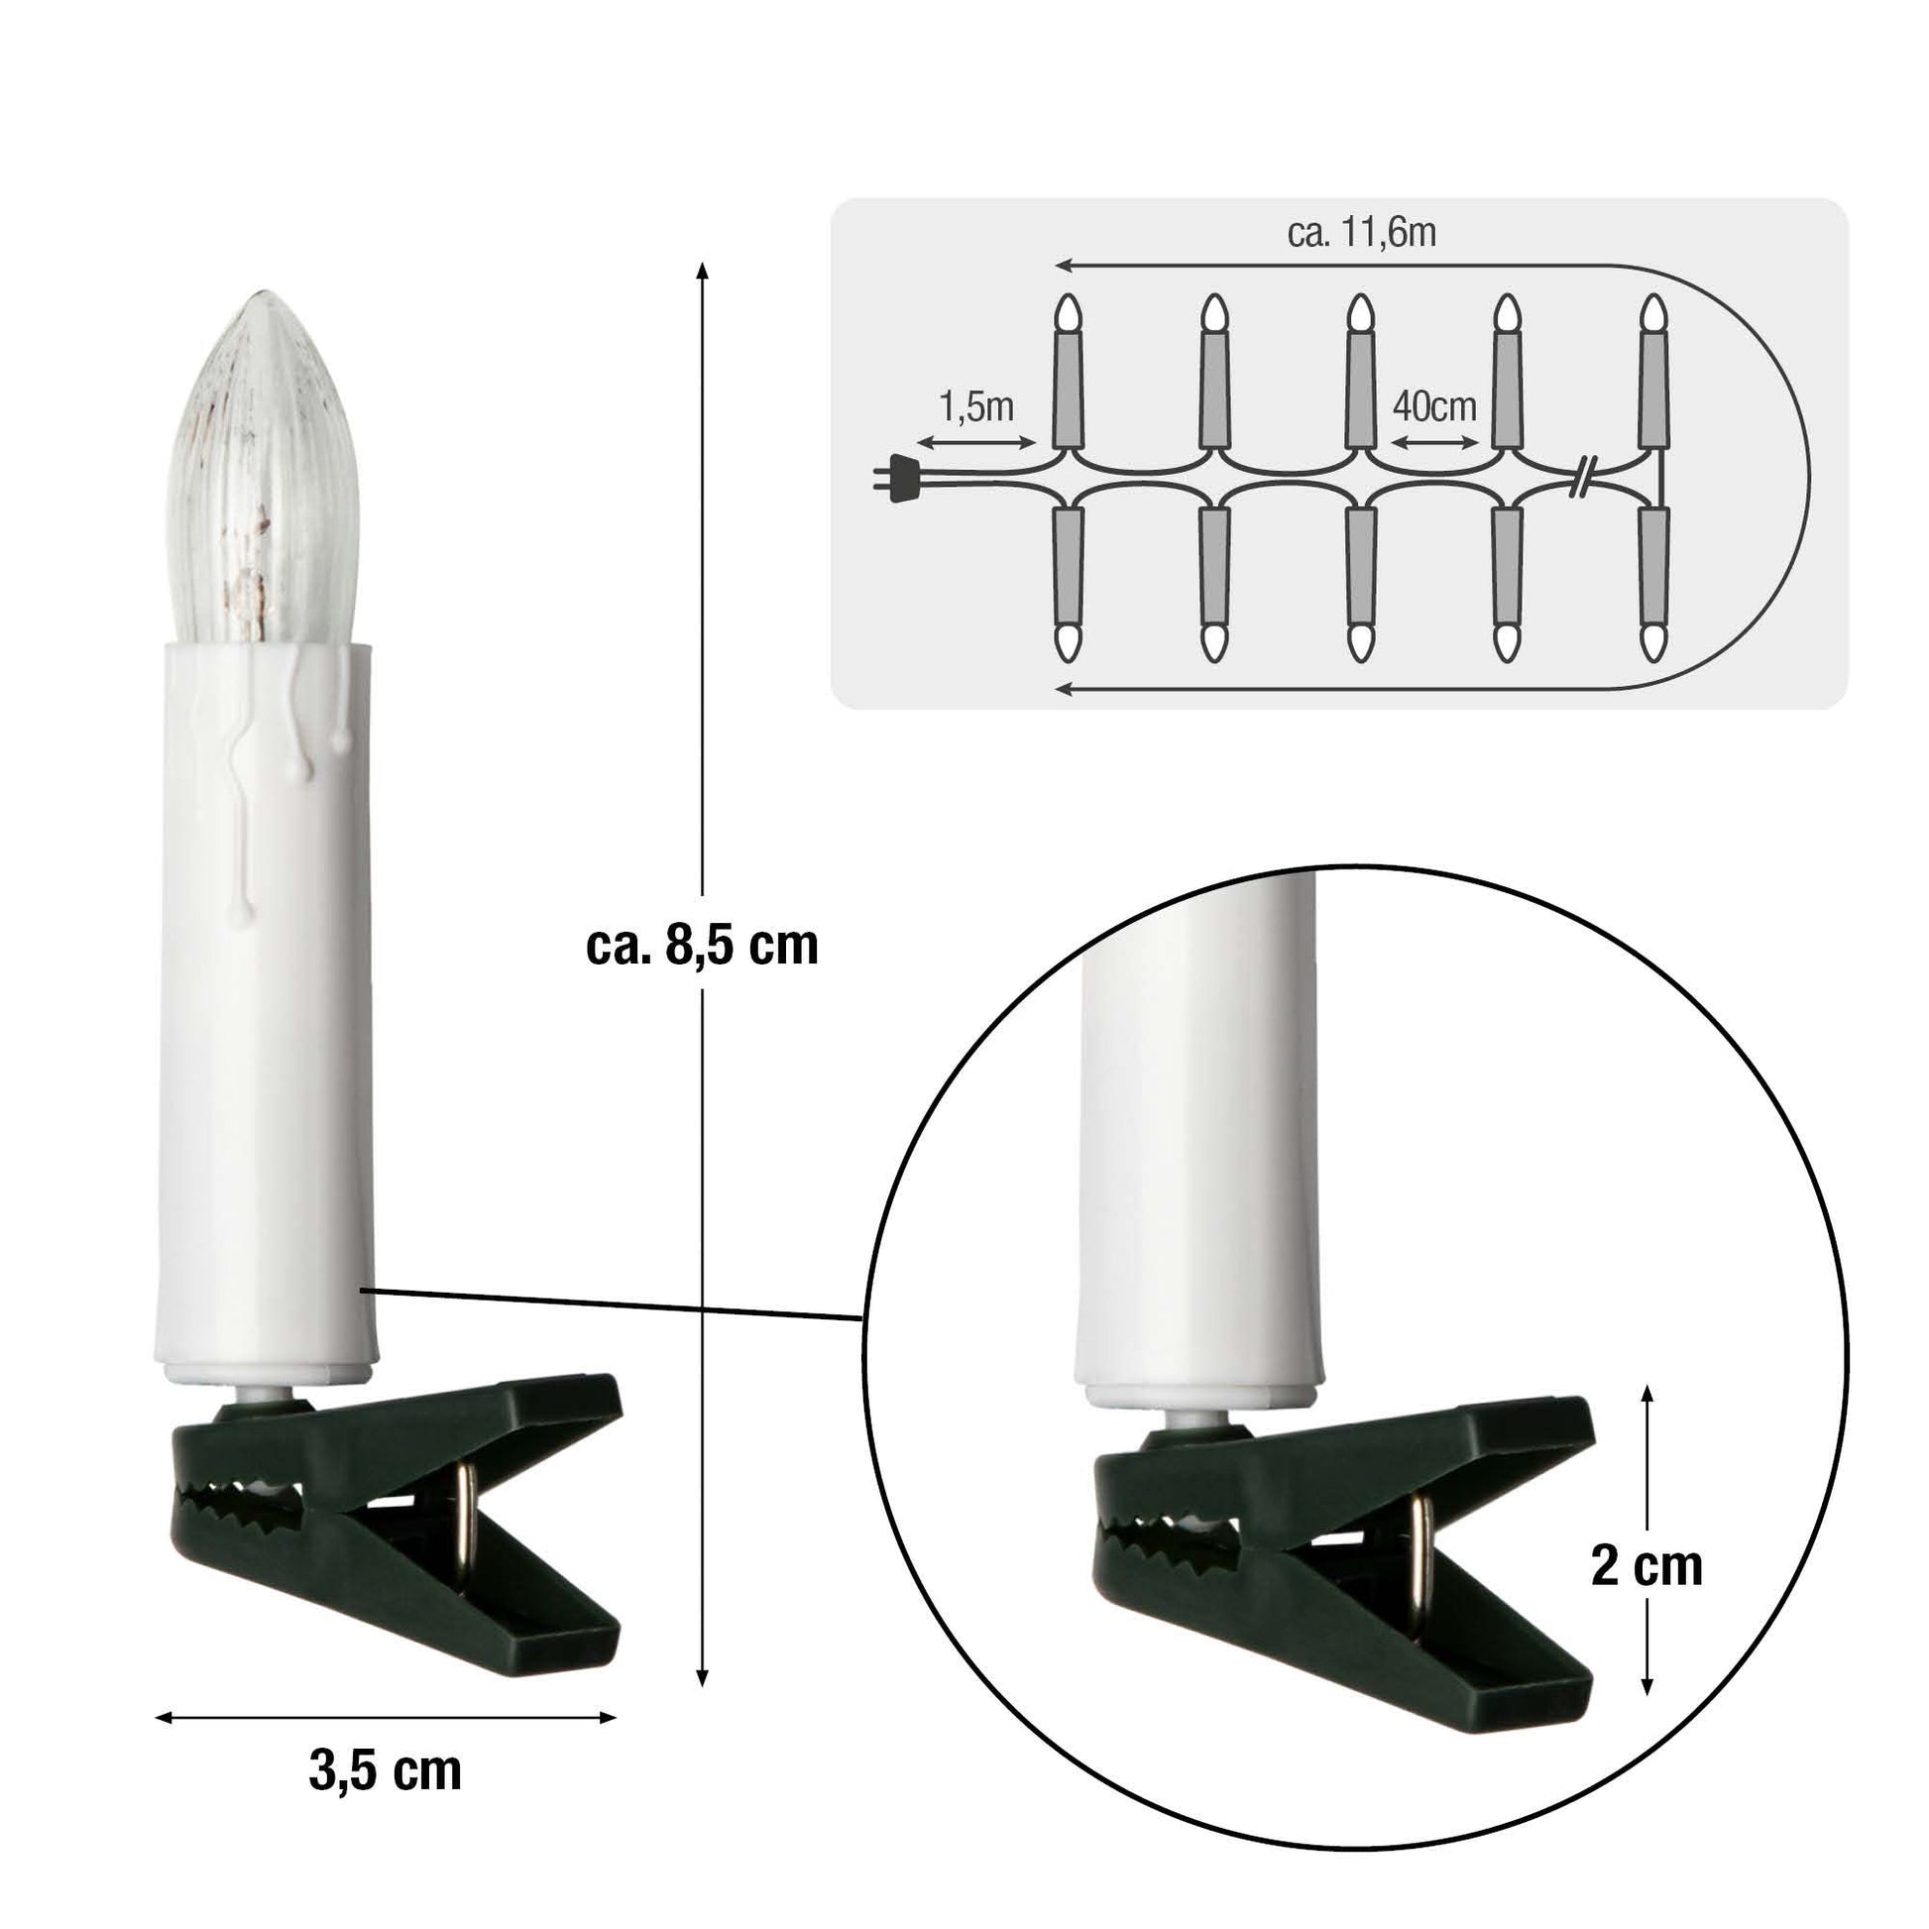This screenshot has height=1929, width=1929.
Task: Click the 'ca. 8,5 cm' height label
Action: click(702, 945)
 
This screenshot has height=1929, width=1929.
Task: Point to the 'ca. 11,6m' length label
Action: click(1362, 233)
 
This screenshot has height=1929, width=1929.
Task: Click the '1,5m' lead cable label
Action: click(975, 407)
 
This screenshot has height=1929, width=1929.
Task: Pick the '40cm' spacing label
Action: click(1433, 406)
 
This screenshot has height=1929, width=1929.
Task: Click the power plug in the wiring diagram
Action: click(898, 477)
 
